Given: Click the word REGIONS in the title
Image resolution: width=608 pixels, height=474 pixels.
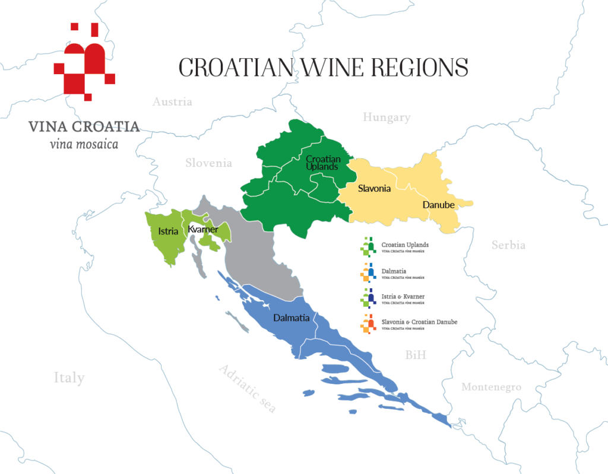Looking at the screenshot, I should point(420,68).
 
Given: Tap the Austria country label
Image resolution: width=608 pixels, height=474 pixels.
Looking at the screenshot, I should point(172,102).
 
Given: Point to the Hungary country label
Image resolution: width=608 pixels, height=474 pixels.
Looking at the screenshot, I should point(387,117).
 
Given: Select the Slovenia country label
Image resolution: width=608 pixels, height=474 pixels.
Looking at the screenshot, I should point(208,163).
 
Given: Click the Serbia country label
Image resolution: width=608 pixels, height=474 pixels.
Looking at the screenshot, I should point(508,244).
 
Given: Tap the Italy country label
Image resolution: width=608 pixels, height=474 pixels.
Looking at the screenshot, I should point(69,378).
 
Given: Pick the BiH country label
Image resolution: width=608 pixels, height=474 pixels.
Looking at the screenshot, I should point(416,355).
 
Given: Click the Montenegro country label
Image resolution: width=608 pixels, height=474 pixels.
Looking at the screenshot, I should point(492,387).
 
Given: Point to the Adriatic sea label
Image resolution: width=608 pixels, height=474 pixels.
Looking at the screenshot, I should point(248,389).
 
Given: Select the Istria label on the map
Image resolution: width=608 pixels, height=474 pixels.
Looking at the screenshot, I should point(168,231).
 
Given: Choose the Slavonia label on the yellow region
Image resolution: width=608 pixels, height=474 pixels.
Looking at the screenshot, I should point(374,189).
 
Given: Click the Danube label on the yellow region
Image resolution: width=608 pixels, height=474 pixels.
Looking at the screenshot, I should point(438,205).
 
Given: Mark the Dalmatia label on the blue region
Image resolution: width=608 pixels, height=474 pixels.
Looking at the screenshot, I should point(291,318).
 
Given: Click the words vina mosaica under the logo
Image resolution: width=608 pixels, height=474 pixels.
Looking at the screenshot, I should point(83,144).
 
